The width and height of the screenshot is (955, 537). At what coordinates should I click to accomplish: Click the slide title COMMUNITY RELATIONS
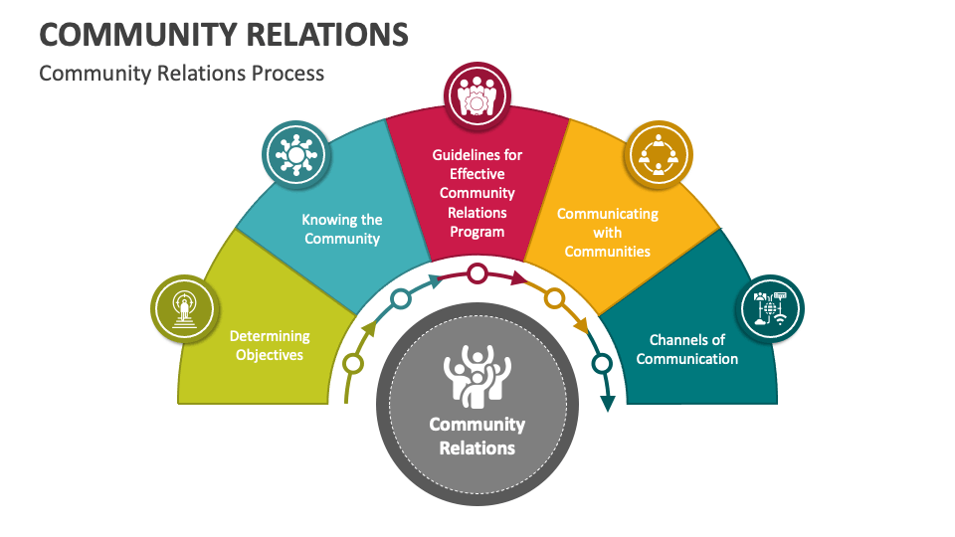223,34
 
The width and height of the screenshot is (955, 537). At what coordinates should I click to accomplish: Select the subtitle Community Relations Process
181,74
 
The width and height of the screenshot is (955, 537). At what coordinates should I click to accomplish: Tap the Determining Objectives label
270,345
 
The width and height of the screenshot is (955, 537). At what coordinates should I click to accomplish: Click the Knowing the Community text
341,229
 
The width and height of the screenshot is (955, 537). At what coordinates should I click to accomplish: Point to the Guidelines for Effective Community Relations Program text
477,193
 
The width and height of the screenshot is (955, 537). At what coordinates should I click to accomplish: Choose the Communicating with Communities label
607,233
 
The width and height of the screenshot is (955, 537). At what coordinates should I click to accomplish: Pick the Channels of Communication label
686,349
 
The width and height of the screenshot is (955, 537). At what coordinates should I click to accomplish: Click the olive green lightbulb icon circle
184,307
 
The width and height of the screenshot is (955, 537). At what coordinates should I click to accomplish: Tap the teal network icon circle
294,155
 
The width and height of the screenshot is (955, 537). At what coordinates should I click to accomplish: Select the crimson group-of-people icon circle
477,95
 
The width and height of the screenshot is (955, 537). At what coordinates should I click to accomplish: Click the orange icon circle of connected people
658,154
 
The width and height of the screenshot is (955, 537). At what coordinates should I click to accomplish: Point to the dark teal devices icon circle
770,308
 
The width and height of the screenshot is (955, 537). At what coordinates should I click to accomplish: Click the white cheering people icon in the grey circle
477,375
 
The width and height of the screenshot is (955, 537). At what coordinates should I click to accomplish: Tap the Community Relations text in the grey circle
477,436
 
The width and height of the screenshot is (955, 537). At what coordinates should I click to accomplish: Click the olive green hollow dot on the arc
353,363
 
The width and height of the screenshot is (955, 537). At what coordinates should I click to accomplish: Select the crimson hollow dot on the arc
477,272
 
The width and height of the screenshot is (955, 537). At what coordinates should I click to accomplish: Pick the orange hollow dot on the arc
555,298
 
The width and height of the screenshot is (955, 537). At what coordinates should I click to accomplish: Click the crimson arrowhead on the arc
518,279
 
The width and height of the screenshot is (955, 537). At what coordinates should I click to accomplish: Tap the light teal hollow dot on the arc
400,298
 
